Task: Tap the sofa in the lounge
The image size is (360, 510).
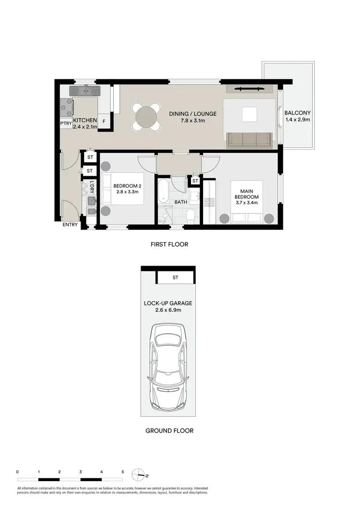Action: (249, 139)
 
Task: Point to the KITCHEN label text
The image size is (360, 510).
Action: (85, 121)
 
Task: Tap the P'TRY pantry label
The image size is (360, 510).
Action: (66, 123)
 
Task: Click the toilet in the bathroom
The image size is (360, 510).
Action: (191, 216)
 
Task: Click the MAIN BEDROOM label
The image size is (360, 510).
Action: (246, 193)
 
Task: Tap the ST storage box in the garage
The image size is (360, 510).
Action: (175, 278)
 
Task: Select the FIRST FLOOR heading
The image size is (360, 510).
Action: (169, 244)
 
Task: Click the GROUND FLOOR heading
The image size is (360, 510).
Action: (169, 431)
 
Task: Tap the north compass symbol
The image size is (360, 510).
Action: (140, 474)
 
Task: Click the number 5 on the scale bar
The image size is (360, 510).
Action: (122, 472)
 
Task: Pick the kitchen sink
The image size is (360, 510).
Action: (85, 90)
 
